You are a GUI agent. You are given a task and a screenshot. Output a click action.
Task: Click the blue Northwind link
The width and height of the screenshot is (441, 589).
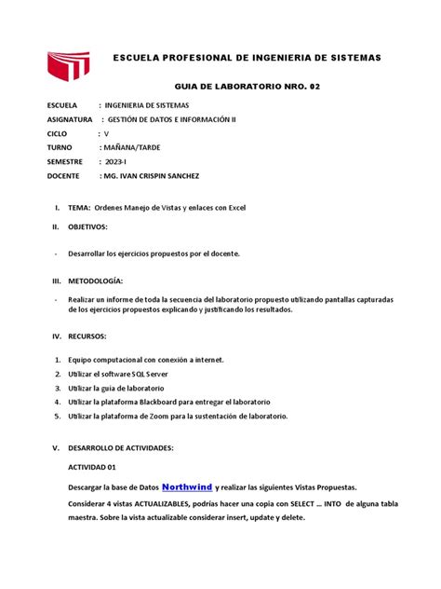(x=186, y=486)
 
